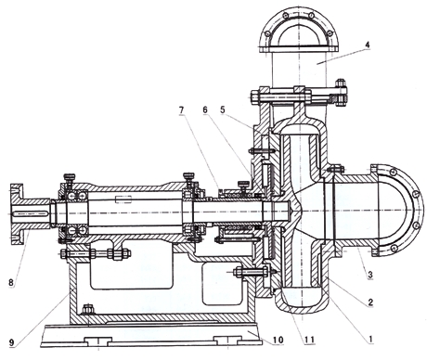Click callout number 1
369,340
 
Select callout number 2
370,302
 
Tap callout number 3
369,275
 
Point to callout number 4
368,45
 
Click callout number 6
206,109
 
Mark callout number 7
181,109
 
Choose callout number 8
11,282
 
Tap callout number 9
11,342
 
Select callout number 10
278,340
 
